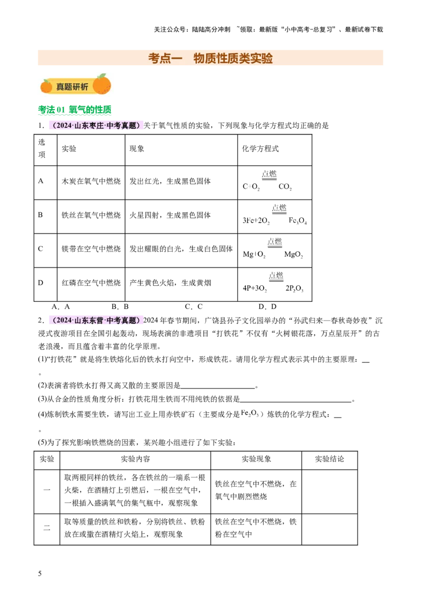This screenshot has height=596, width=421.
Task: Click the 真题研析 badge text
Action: point(72,87)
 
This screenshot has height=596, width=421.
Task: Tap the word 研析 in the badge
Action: point(81,87)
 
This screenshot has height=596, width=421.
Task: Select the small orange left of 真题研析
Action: point(46,86)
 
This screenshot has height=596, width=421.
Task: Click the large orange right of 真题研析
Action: point(102,85)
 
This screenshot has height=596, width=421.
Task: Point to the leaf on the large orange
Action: point(101,76)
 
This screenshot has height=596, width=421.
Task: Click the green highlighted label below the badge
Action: point(75,111)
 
